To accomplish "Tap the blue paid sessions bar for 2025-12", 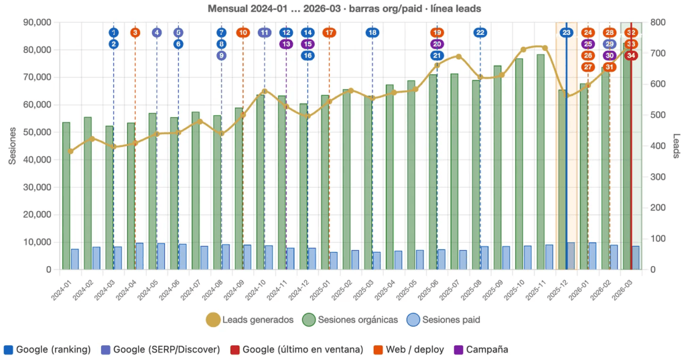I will (x=571, y=256).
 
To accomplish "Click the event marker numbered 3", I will (x=135, y=32).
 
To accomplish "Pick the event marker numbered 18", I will (x=372, y=32).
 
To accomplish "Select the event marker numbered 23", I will (x=567, y=32).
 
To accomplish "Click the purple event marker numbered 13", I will (x=286, y=44).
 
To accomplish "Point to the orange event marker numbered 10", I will (x=243, y=32).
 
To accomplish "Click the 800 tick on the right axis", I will (x=659, y=22).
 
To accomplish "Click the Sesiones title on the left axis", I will (x=12, y=145).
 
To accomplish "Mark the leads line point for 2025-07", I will (x=459, y=56).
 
